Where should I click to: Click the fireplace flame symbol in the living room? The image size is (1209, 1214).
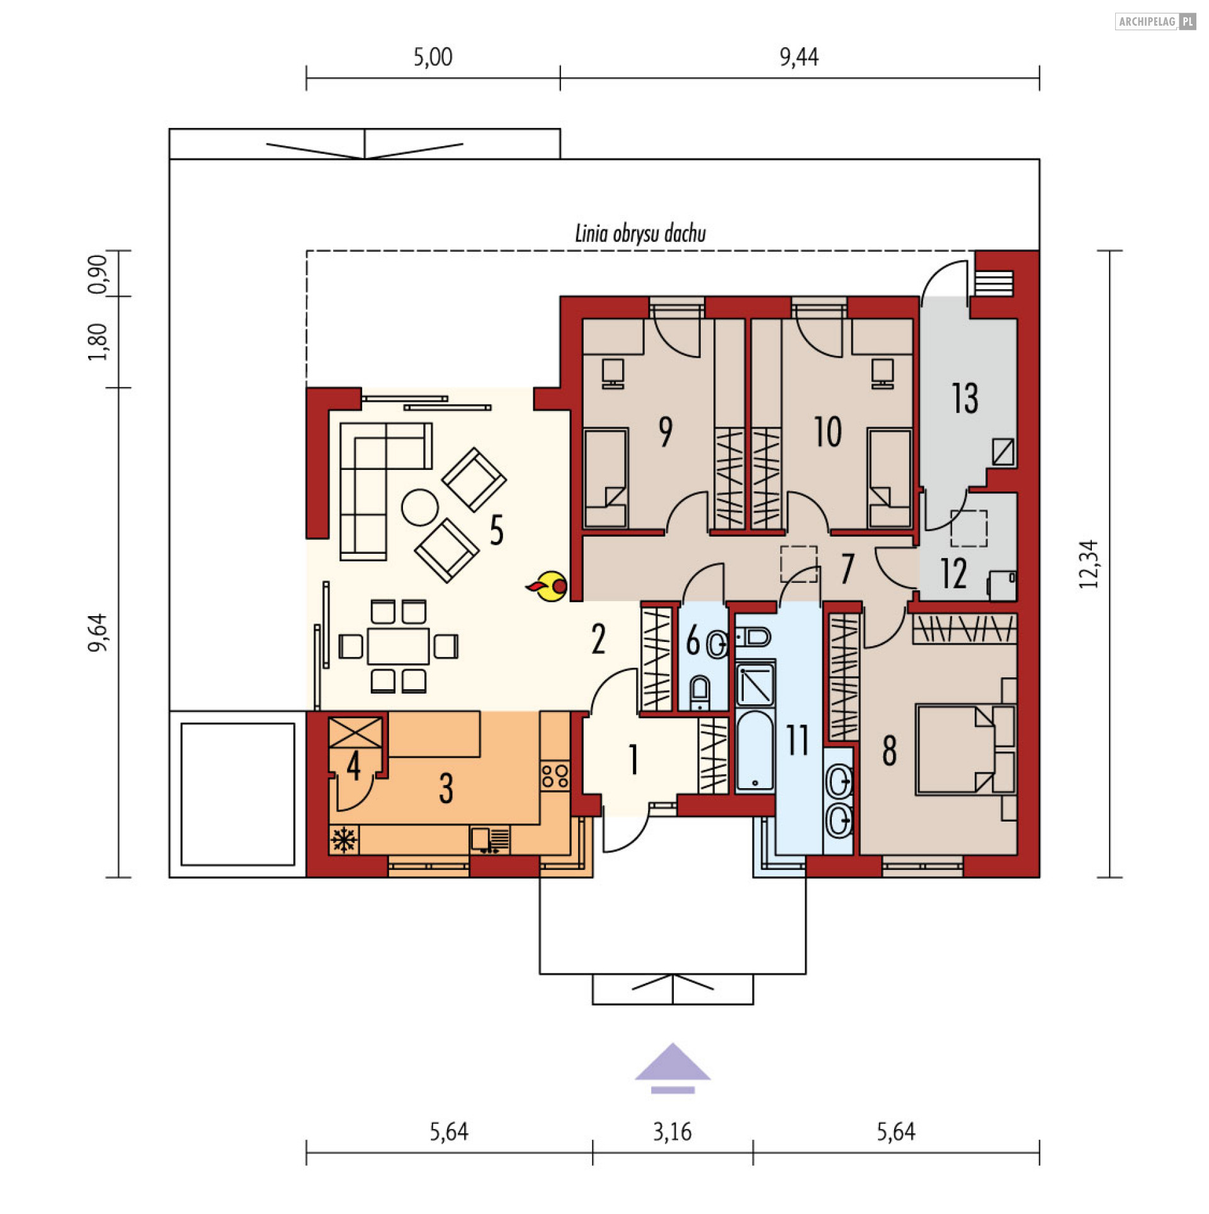tap(548, 586)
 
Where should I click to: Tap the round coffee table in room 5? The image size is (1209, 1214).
tap(420, 507)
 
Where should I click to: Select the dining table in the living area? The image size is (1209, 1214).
tap(398, 646)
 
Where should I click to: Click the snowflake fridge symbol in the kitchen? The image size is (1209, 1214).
tap(344, 840)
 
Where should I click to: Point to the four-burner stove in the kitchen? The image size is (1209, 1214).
tap(555, 776)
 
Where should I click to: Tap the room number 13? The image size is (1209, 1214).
tap(965, 398)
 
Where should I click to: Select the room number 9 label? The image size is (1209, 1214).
tap(665, 432)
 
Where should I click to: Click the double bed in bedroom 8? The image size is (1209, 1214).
tap(965, 750)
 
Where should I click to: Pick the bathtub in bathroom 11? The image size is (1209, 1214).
tap(754, 750)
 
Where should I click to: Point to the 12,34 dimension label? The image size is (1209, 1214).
tap(1089, 564)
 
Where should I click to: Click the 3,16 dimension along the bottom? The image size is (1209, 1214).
tap(672, 1132)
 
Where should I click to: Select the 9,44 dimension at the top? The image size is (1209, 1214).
tap(798, 57)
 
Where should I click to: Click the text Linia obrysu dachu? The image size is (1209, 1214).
tap(640, 234)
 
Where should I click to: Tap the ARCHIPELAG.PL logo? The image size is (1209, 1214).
tap(1155, 21)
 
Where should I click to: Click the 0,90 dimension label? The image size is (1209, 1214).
tap(98, 274)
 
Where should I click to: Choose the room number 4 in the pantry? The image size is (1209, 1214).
tap(353, 765)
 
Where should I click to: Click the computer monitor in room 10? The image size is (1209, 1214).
tap(882, 373)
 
